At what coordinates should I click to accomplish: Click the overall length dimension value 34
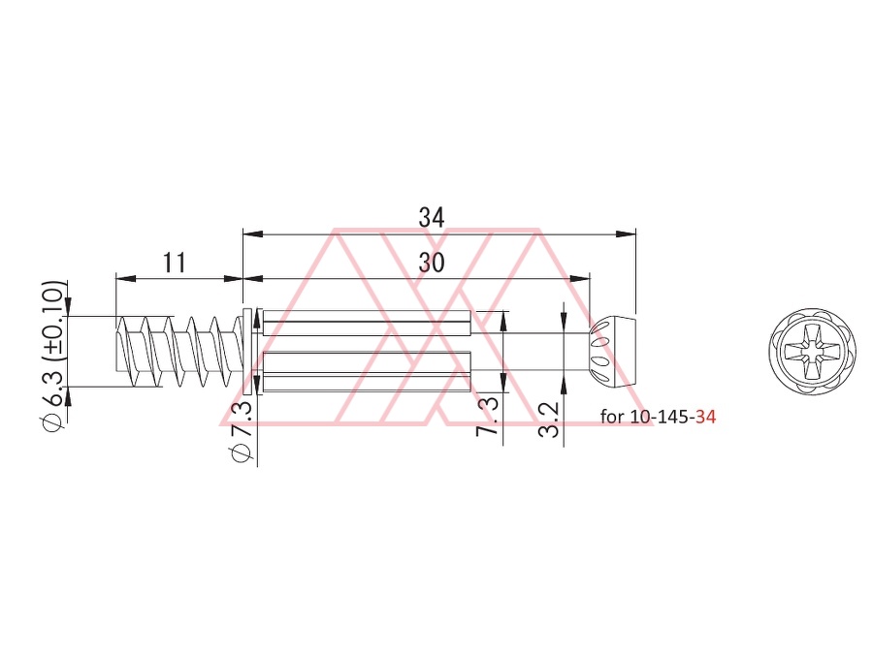tap(432, 217)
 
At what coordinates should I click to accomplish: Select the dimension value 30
tap(432, 263)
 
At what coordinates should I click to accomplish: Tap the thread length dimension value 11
tap(175, 263)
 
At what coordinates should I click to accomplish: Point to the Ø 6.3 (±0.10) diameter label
tap(54, 355)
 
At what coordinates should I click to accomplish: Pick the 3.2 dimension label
tap(548, 420)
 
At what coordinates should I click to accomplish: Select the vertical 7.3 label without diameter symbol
tap(488, 416)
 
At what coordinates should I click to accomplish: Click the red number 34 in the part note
tap(705, 417)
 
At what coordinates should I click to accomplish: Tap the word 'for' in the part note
tap(612, 417)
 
